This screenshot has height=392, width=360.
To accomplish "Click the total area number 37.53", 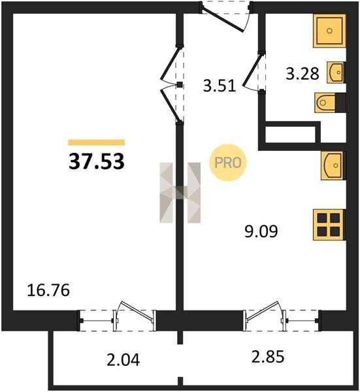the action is tap(97, 162).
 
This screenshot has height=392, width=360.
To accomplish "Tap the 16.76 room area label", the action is tap(48, 291).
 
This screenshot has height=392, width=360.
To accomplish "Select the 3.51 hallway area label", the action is tap(220, 86).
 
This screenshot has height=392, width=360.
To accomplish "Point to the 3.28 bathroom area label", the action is tap(303, 74).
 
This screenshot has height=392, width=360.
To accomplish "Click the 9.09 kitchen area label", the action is tap(261, 231).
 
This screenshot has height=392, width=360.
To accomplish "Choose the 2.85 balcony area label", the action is tap(268, 357).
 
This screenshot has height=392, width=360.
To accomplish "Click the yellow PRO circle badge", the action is tap(228, 163).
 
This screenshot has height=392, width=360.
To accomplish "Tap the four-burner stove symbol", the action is tap(329, 225).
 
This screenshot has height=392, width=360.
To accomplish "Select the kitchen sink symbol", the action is tap(333, 165).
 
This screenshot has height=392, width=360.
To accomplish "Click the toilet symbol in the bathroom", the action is tap(330, 103).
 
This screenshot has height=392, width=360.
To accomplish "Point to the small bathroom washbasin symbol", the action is tap(336, 73).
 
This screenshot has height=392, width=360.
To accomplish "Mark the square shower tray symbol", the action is tap(329, 31).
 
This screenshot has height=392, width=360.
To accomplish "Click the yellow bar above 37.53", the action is tap(97, 142).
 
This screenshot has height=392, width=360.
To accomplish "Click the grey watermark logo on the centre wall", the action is tap(180, 192).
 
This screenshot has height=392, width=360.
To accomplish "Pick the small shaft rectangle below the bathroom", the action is tap(289, 135).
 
